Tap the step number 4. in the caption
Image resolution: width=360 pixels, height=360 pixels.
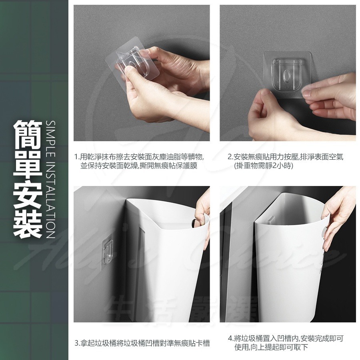pyautogui.click(x=231, y=338)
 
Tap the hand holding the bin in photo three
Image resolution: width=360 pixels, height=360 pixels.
pyautogui.click(x=203, y=208)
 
